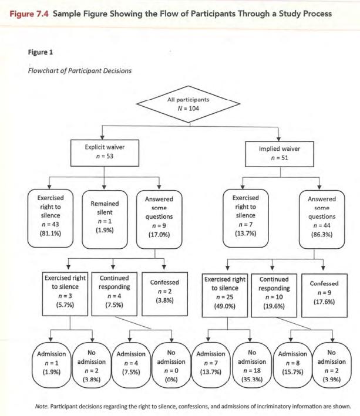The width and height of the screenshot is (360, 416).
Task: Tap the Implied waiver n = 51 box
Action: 279,153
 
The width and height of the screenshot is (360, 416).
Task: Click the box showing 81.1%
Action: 52,215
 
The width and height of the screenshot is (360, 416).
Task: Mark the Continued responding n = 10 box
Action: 274,292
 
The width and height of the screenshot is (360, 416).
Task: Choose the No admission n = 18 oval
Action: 251,367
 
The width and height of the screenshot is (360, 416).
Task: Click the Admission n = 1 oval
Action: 51,367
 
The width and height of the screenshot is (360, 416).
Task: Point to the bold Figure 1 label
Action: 40,52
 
